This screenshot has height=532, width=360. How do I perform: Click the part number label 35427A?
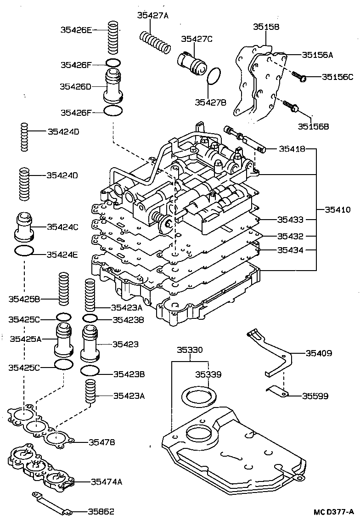click(153, 15)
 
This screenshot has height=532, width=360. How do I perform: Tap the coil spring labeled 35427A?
click(155, 41)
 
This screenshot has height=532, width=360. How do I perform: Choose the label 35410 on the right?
click(337, 209)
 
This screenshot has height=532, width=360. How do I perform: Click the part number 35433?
click(290, 220)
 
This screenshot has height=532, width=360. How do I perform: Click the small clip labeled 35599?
click(277, 392)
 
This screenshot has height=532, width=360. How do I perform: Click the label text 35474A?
click(106, 481)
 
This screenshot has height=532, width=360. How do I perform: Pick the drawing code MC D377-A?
click(333, 512)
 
